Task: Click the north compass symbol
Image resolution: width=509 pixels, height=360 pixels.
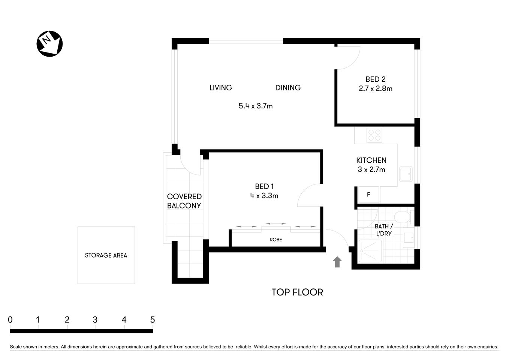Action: [x=49, y=44]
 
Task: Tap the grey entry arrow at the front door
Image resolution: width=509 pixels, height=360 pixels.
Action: [x=337, y=262]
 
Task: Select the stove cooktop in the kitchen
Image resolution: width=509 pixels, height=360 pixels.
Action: [x=374, y=135]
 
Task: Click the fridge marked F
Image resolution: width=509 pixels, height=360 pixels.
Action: [x=368, y=195]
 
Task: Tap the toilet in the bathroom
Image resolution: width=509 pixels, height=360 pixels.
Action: [x=402, y=217]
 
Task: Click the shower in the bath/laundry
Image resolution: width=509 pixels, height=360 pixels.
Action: [x=370, y=251]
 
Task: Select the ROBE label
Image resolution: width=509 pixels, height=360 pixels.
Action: [x=275, y=240]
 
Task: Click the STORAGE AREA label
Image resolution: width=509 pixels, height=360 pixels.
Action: [x=106, y=255]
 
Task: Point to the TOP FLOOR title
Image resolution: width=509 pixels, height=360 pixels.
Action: [x=297, y=292]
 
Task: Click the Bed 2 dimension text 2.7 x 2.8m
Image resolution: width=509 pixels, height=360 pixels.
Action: [x=376, y=89]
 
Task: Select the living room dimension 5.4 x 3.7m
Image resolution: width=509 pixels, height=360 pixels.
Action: [x=256, y=106]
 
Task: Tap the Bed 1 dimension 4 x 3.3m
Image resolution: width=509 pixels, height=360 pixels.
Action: [x=265, y=196]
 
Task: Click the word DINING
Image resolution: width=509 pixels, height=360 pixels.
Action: [x=288, y=88]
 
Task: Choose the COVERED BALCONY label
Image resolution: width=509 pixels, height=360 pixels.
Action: [x=184, y=201]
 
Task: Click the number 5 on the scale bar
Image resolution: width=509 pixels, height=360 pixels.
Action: [x=152, y=320]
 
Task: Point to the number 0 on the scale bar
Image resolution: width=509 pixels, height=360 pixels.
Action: [x=10, y=320]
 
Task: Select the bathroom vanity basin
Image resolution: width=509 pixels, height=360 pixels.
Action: [x=409, y=237]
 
